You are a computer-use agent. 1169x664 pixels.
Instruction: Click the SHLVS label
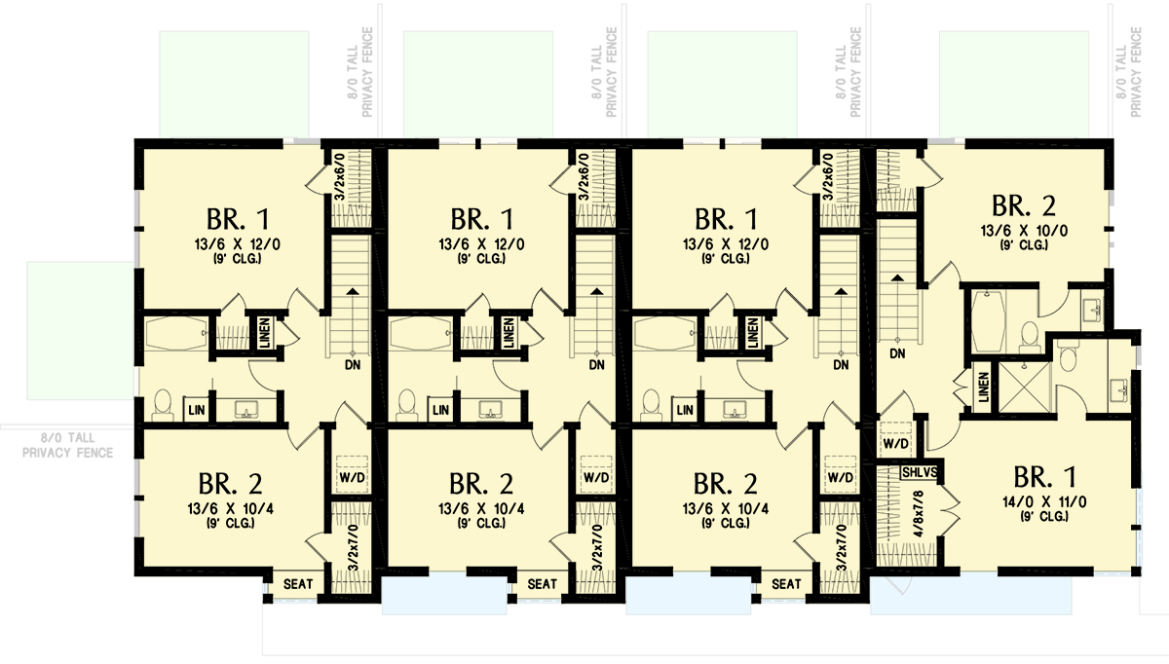point(919,472)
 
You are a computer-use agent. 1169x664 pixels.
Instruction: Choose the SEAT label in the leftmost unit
point(298,584)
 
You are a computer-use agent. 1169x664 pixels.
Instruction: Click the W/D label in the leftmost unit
point(350,479)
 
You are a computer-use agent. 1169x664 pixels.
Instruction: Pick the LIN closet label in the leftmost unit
point(197,411)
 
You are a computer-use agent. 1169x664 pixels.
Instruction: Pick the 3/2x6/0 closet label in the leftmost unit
point(339,176)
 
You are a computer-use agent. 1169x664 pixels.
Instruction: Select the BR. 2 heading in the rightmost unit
point(1024,205)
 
